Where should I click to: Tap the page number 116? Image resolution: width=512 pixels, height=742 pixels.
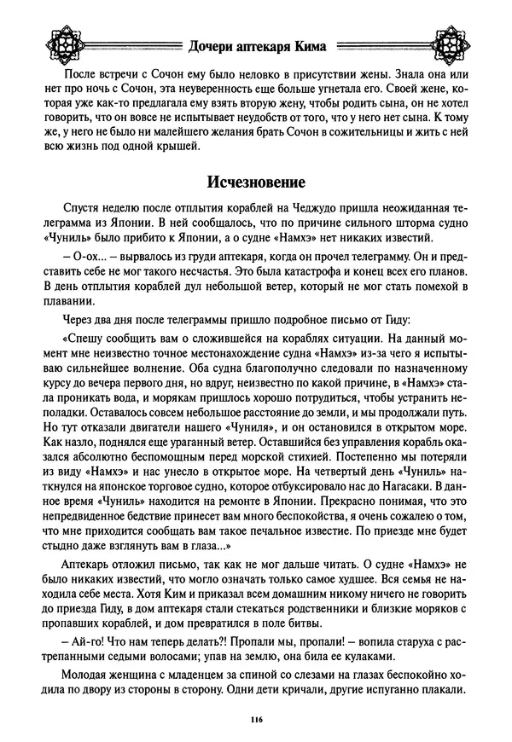[256, 722]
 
